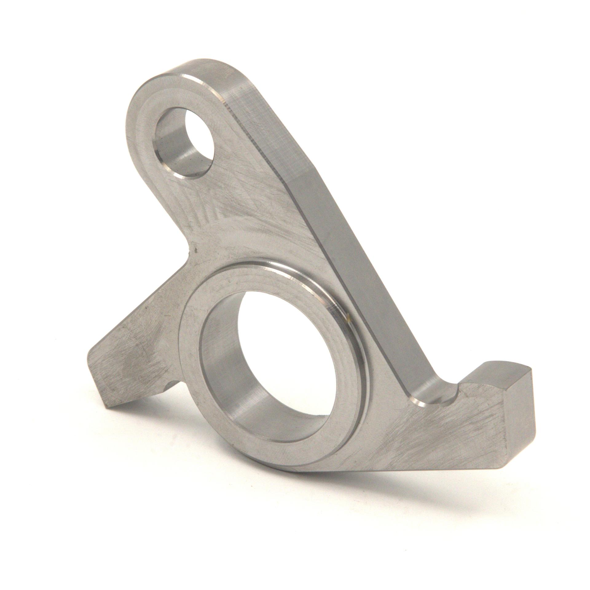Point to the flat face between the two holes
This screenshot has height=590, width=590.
click(246, 215)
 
